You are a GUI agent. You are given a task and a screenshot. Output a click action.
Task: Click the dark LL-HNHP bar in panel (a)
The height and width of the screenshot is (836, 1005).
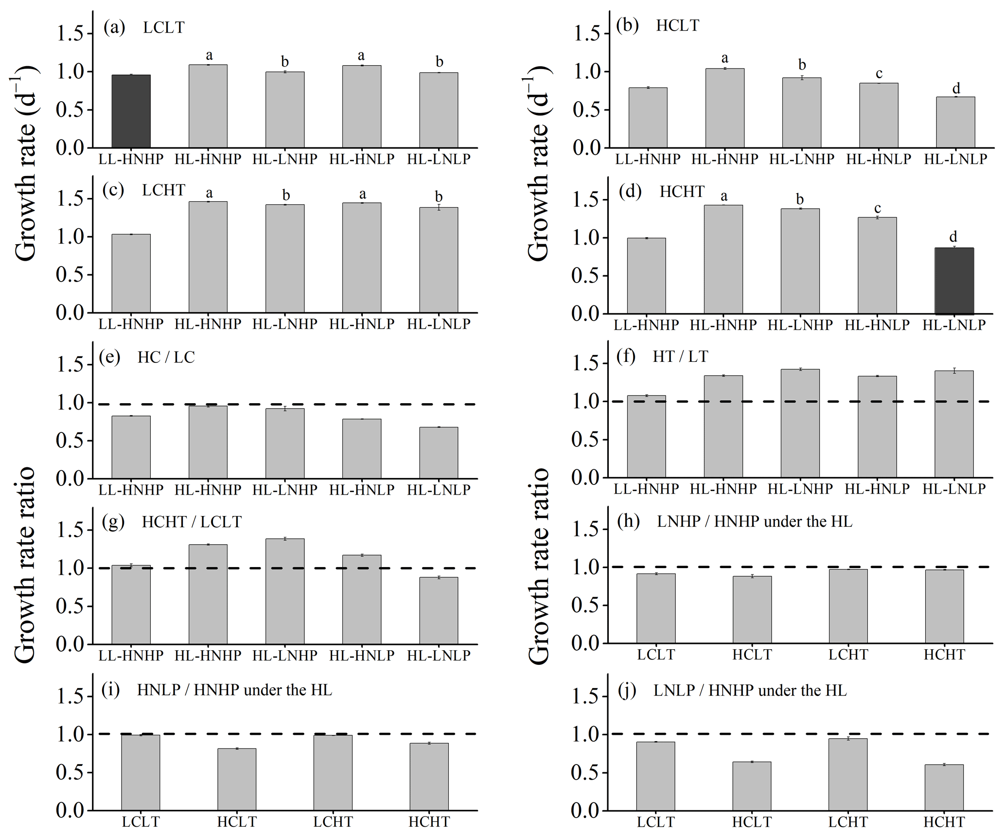coord(131,111)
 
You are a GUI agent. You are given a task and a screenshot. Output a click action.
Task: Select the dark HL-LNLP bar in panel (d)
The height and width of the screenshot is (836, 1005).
coord(954,281)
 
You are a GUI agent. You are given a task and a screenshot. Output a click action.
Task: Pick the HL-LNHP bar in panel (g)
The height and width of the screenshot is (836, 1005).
coord(284,591)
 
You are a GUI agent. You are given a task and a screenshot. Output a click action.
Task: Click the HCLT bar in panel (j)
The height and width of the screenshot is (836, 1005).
coord(752,786)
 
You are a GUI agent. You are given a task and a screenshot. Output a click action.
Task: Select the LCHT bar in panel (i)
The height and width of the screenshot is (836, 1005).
coord(333,773)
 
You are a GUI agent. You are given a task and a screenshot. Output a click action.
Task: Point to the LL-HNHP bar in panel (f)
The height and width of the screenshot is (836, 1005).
coord(646,437)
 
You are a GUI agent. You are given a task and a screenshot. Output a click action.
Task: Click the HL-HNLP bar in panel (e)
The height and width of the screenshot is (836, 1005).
coord(361,449)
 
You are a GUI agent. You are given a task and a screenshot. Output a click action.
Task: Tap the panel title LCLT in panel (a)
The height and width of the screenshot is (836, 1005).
coord(164,28)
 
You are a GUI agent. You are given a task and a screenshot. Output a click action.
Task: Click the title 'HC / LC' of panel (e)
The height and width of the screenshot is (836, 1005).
coord(166,357)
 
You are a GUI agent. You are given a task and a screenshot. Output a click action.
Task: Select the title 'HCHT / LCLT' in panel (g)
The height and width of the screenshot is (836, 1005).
coord(192,522)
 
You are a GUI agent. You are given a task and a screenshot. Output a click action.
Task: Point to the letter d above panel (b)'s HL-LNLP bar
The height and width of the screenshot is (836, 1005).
coord(956,89)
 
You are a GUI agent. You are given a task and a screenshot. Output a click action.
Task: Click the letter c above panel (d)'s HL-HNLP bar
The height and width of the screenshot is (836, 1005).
coord(878,208)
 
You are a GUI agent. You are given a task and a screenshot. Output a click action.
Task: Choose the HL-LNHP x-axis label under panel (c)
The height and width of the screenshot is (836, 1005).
coord(284,324)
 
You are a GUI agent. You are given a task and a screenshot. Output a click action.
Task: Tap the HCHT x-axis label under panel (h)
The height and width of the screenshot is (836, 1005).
coord(944,655)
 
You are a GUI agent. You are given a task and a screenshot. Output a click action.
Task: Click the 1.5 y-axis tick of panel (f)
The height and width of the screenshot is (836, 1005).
coord(586,363)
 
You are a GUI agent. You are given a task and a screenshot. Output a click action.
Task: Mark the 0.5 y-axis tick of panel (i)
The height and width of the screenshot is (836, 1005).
coord(71,772)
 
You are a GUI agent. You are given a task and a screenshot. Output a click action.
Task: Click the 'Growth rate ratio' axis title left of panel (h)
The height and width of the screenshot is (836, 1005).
coord(539,567)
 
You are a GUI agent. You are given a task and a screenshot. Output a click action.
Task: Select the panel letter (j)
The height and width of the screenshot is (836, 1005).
coord(627,690)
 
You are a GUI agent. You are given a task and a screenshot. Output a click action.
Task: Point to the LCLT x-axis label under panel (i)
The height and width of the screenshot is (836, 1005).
coord(141,822)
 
